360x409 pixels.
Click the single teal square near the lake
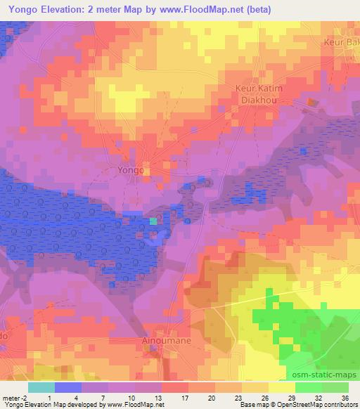click(x=153, y=221)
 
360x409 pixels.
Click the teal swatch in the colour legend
click(x=41, y=387)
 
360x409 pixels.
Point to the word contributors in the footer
click(x=340, y=405)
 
